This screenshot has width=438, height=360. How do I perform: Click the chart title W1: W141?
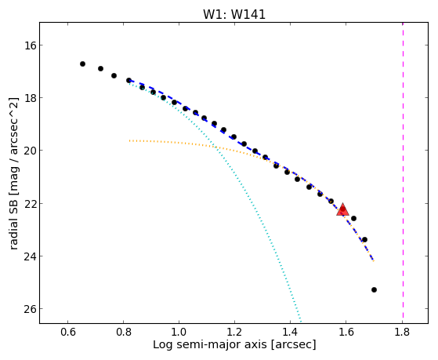tap(234, 14)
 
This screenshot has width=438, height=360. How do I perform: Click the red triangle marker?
tap(342, 210)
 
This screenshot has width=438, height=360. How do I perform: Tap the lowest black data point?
tap(374, 289)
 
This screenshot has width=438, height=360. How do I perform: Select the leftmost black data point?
tap(82, 64)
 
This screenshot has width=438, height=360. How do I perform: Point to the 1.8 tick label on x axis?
tap(402, 332)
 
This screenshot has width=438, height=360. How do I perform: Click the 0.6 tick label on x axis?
tap(67, 332)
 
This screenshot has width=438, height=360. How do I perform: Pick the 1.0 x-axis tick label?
tap(179, 332)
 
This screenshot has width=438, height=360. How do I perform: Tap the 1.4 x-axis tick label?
tap(291, 332)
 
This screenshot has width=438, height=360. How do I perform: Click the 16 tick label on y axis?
tap(30, 45)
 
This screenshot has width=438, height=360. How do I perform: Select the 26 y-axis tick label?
tap(30, 309)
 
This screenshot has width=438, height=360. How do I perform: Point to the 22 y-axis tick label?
tap(30, 203)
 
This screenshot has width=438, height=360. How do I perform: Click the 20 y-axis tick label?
tap(30, 151)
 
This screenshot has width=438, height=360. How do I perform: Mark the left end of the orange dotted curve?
tap(129, 140)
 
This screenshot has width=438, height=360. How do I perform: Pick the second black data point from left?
tap(100, 68)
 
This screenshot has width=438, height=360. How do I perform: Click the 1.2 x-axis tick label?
tap(234, 332)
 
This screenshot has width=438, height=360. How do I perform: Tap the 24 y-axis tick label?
tap(30, 256)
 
